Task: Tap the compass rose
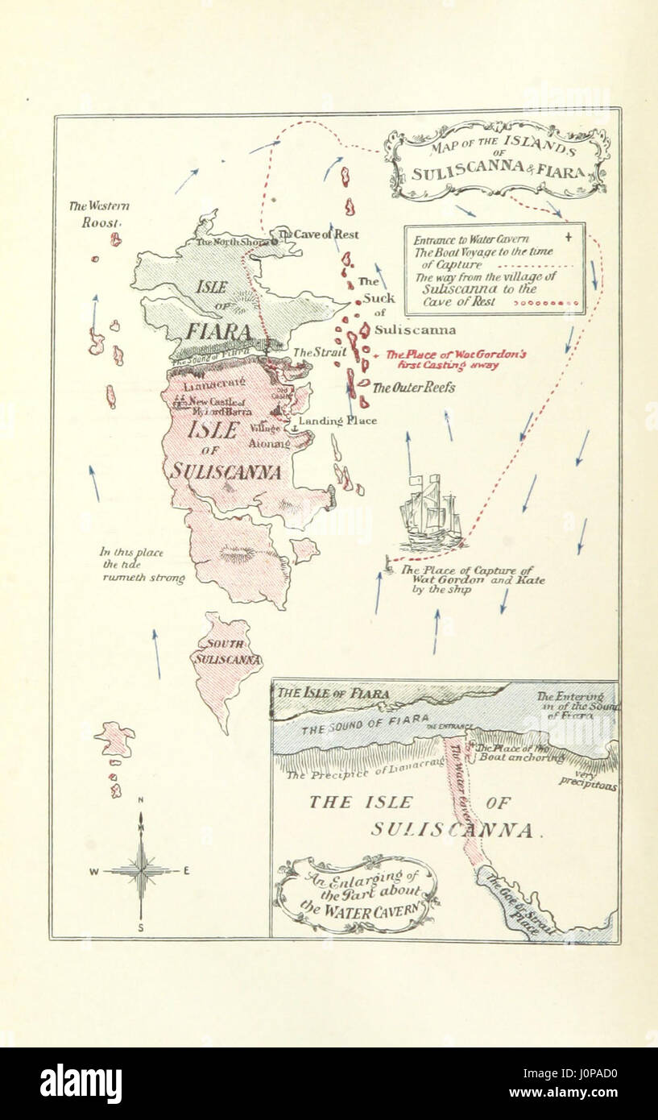tap(141, 869)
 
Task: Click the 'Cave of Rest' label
tap(325, 234)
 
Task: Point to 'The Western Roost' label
tap(99, 214)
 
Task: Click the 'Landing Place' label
tap(337, 421)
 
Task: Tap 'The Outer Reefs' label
tap(413, 388)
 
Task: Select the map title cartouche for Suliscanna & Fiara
tap(497, 160)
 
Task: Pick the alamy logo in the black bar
tap(81, 1084)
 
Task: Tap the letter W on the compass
tap(93, 871)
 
